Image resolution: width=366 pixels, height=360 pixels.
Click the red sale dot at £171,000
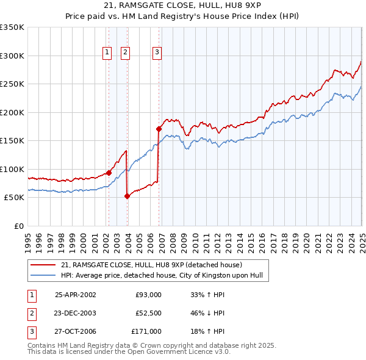coord(159,129)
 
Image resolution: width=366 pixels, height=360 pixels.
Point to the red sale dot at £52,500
coord(127,196)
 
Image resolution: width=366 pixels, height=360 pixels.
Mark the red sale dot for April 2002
coord(109,173)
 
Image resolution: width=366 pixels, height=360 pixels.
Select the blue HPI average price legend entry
coord(161,275)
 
